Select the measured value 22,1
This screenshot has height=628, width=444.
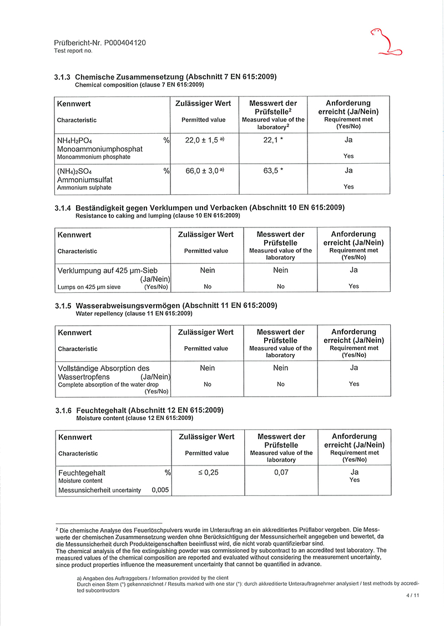click(271, 140)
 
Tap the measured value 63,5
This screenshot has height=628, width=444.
click(271, 171)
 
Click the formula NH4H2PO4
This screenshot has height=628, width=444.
click(74, 141)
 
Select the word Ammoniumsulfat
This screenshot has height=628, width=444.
click(84, 180)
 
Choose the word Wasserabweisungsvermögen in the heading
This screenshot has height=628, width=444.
click(128, 306)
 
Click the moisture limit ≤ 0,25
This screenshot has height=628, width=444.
click(207, 473)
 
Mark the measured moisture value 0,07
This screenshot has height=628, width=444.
click(281, 473)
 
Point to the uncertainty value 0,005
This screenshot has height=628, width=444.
click(160, 490)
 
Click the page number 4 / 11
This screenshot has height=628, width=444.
click(413, 595)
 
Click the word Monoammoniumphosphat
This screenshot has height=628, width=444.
click(100, 149)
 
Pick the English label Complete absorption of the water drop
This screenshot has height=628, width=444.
click(108, 384)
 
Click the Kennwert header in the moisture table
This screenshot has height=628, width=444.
click(74, 437)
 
